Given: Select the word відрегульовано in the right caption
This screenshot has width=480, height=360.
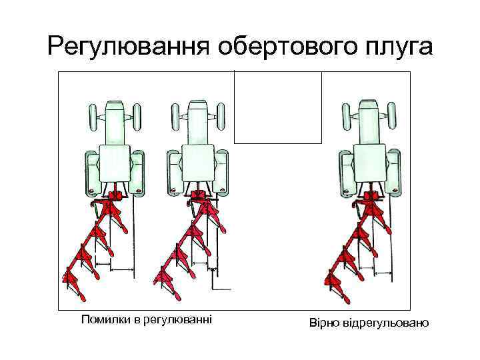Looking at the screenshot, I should pos(387,323).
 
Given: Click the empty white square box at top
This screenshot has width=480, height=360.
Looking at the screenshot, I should pos(277,107).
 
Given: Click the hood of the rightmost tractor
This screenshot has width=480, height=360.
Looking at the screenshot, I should pos(369,123).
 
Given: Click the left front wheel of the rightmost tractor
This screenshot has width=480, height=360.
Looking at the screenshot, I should pos(346,117).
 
